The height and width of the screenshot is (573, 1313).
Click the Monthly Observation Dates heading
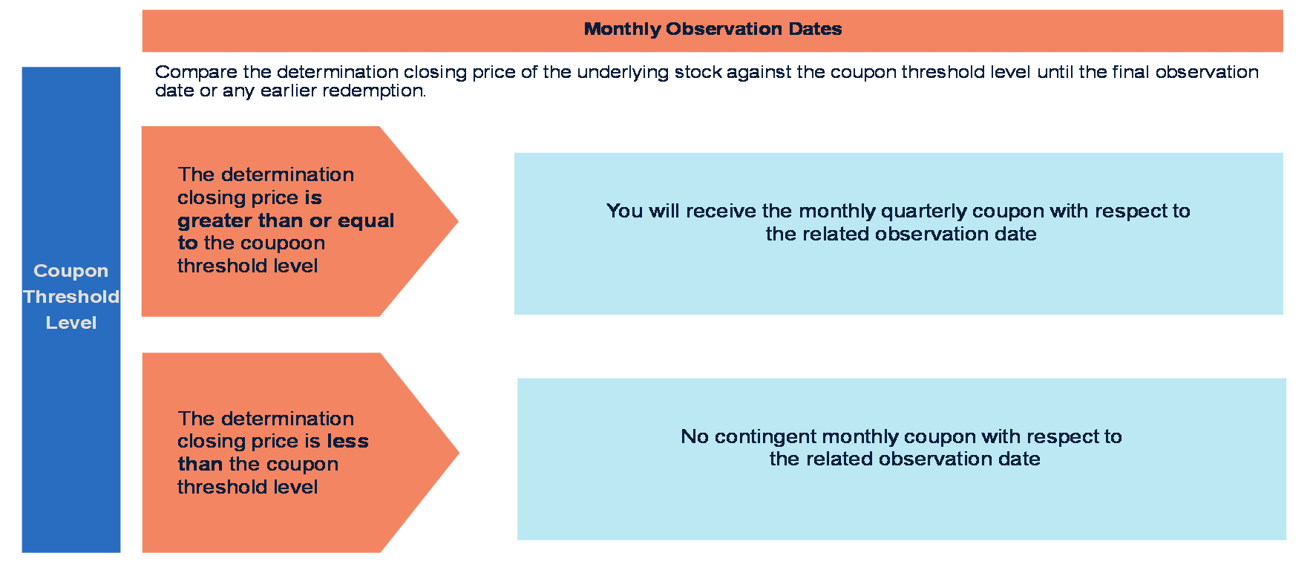(713, 29)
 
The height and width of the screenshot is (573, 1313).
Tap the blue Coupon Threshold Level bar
(71, 310)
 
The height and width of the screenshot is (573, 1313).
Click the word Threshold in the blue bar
(71, 297)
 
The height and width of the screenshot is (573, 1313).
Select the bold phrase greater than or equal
(286, 221)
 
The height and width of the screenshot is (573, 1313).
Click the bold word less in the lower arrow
(348, 442)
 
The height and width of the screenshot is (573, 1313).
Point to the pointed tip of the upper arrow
(458, 221)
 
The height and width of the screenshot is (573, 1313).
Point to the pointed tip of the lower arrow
(459, 453)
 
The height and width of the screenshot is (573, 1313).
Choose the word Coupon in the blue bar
(71, 271)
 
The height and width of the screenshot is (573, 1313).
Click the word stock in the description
(698, 72)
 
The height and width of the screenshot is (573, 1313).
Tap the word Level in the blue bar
(71, 323)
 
